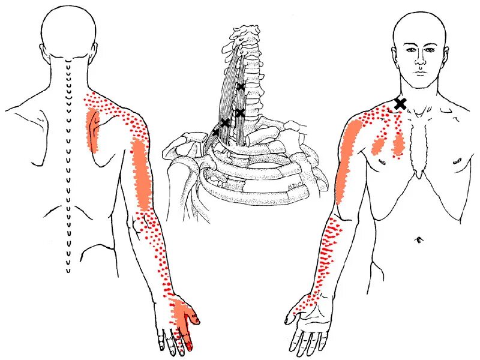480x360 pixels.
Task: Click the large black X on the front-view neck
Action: (400, 104)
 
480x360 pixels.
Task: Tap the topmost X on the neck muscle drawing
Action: (241, 87)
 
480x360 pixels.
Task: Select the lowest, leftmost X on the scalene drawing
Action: (216, 132)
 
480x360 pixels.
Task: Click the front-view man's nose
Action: (422, 62)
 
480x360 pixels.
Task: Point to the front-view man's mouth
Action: (422, 73)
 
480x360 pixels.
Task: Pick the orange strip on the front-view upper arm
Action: (347, 159)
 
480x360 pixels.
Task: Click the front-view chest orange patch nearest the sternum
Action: (397, 144)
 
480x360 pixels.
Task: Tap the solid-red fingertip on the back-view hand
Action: (190, 345)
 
